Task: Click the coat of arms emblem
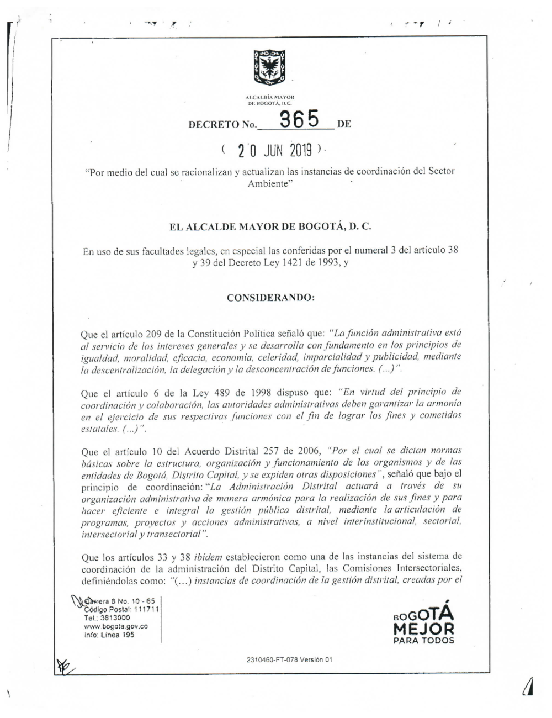point(269,68)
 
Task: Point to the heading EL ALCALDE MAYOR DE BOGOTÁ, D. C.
point(270,226)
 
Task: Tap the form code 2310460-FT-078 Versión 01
point(290,659)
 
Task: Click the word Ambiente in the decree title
point(268,184)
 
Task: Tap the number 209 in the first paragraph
point(153,334)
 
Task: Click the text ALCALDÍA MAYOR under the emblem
point(270,97)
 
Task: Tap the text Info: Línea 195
point(109,635)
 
